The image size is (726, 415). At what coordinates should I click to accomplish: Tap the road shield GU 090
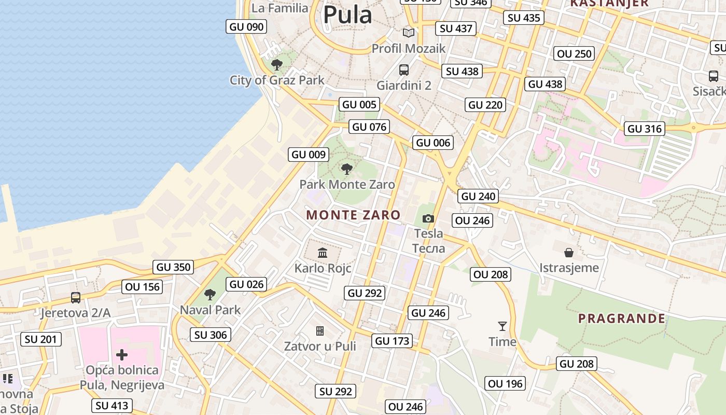pos(246,26)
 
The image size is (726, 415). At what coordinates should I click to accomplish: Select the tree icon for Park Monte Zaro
pos(347,169)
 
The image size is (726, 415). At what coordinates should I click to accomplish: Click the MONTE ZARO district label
pos(353,215)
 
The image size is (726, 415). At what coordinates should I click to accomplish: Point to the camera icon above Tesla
pos(428,218)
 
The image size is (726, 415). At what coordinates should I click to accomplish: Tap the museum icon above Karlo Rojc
pos(323,253)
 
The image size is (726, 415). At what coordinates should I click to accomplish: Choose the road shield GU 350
pos(174,267)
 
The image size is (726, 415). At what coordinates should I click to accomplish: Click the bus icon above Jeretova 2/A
pos(76,298)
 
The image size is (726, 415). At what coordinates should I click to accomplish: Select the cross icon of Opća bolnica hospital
pos(122,355)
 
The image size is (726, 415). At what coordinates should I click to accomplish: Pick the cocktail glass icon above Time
pos(502,326)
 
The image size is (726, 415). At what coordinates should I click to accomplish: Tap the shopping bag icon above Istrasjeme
pos(569,253)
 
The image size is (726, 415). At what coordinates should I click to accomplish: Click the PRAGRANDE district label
pos(622,319)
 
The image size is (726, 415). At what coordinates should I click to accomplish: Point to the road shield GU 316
pos(645,129)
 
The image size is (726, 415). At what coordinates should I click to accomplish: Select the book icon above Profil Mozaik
pos(409,33)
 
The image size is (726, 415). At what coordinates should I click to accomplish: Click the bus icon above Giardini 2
pos(403,70)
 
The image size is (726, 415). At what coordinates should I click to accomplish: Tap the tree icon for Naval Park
pos(210,295)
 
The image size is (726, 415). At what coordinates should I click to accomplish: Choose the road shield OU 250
pos(574,53)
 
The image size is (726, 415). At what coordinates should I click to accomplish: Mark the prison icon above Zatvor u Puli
pos(320,330)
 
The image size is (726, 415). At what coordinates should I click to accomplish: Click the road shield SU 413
pos(112,405)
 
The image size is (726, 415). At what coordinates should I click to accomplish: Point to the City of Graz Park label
pos(277,80)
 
